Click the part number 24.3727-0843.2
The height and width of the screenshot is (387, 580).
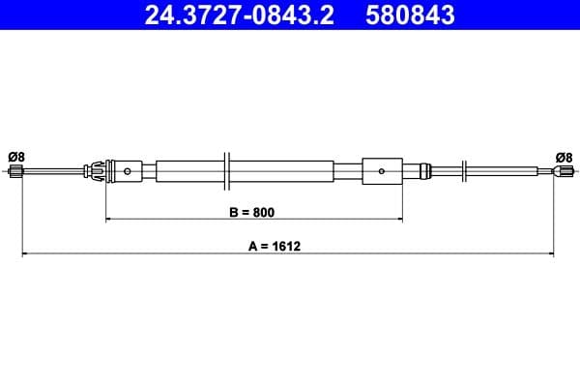[x=240, y=15]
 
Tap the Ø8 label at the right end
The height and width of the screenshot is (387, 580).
[x=564, y=156]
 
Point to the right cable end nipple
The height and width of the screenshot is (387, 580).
[x=563, y=172]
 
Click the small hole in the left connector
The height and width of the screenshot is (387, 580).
[x=129, y=172]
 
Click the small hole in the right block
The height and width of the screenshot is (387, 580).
[x=383, y=172]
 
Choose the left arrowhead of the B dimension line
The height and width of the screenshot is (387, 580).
[x=108, y=220]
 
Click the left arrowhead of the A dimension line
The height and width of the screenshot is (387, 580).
[x=25, y=254]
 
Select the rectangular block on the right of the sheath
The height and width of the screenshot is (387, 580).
[x=382, y=172]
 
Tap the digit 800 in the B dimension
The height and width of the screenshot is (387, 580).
[x=264, y=211]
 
